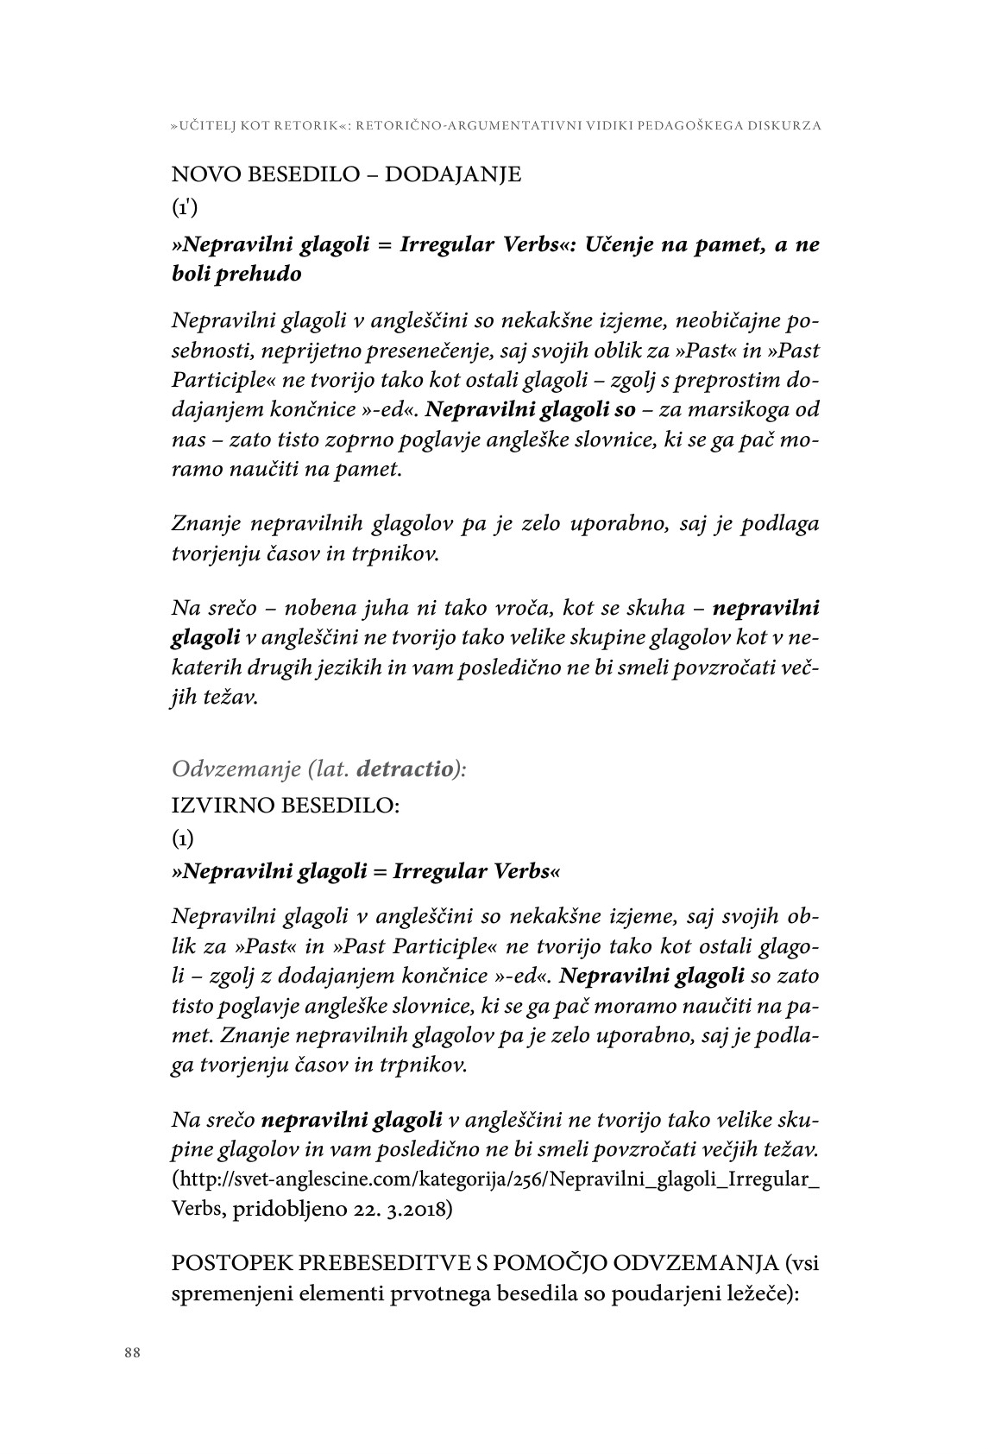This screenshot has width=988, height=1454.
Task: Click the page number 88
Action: (132, 1353)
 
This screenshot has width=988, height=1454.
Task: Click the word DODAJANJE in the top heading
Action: (452, 174)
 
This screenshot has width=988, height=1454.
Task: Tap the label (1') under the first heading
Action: (185, 209)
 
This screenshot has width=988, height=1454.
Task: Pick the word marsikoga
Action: (725, 409)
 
